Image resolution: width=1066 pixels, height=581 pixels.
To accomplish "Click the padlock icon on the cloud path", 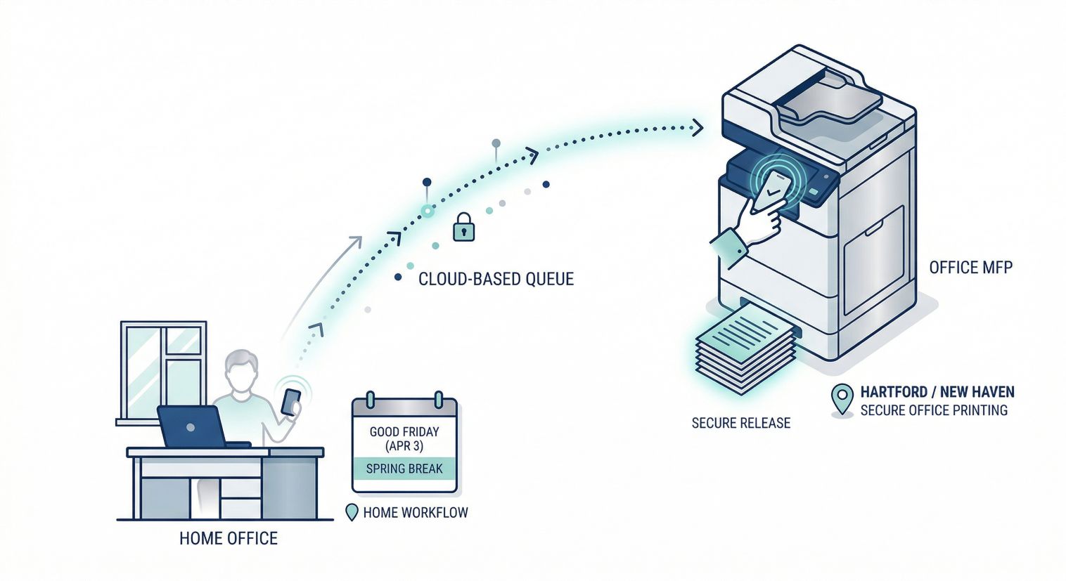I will (x=463, y=228).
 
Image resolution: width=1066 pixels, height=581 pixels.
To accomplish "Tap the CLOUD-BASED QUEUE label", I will (x=496, y=279).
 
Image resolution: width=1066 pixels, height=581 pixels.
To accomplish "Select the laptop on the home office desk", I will (x=191, y=426).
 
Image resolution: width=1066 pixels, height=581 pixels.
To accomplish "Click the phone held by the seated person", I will (x=290, y=402).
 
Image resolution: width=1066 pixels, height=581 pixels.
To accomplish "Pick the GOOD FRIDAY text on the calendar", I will (x=404, y=432).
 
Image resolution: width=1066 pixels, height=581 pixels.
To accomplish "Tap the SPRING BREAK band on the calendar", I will (x=404, y=468).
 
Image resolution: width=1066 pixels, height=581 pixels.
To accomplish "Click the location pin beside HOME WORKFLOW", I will (x=352, y=512).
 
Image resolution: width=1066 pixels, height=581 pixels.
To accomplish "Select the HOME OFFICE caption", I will (x=229, y=539).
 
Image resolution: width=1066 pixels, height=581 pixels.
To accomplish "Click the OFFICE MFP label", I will (x=970, y=268).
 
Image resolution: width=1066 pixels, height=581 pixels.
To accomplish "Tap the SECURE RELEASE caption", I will (x=741, y=423).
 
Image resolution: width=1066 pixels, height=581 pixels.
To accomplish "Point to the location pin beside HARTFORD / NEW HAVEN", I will (x=842, y=399).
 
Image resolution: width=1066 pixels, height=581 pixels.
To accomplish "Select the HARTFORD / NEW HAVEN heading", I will (x=937, y=392).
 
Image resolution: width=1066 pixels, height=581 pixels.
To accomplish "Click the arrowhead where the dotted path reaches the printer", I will (x=697, y=127).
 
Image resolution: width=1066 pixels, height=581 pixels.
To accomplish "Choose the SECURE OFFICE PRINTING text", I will (x=934, y=410).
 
